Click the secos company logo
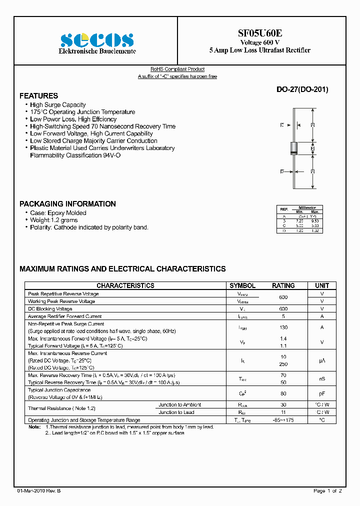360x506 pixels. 97,40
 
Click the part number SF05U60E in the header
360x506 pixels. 259,33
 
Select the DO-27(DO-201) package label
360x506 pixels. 302,90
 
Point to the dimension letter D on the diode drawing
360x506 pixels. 282,171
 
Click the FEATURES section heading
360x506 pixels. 38,96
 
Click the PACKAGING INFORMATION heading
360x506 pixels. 67,204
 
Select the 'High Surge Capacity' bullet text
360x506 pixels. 57,105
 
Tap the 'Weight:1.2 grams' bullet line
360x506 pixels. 53,220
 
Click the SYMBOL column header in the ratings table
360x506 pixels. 242,285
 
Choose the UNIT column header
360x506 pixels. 322,285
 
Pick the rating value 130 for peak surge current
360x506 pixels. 283,327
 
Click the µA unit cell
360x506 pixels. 322,360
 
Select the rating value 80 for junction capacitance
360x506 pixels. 283,393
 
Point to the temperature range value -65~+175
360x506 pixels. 283,420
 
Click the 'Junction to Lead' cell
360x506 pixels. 176,412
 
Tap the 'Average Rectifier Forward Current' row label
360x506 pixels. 65,316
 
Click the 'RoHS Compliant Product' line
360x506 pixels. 177,69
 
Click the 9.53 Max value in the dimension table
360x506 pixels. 314,220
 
